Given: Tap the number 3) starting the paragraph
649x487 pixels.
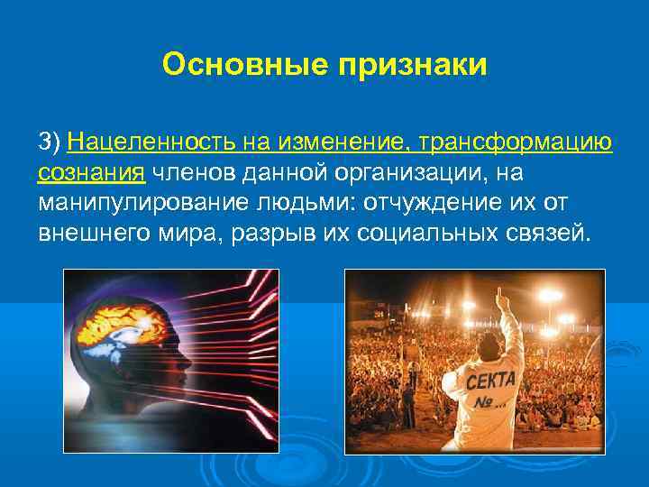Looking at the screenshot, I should click(x=49, y=142).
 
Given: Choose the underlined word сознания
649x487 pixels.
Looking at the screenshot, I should click(x=91, y=171).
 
